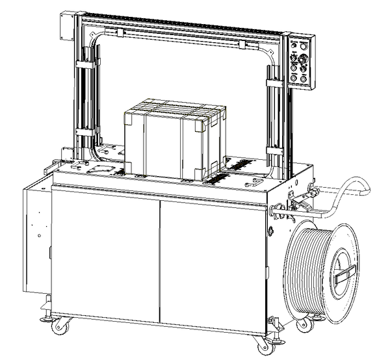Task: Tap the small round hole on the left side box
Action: click(x=40, y=233)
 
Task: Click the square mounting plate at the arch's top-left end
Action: click(x=67, y=26)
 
